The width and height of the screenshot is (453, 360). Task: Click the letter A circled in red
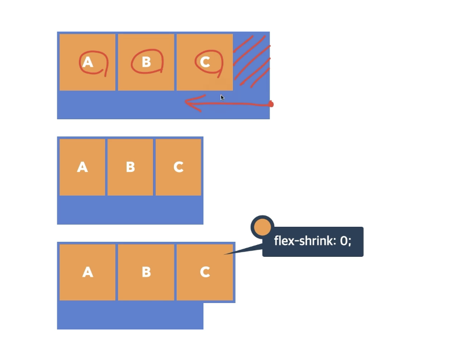(88, 62)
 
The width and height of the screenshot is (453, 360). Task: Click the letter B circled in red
(147, 62)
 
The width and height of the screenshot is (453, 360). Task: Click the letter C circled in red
(204, 62)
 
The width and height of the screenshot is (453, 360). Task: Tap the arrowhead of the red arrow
(188, 102)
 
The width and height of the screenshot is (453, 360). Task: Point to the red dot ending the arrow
(271, 104)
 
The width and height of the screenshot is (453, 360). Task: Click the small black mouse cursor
(222, 98)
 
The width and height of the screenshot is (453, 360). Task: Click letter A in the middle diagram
(83, 167)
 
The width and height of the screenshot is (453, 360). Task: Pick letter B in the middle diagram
(130, 167)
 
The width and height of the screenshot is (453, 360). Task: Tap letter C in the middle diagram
(178, 167)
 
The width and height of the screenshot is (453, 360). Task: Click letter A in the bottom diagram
(88, 272)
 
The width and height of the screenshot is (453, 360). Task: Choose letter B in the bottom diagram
(147, 272)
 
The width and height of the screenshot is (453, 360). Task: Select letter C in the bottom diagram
(204, 272)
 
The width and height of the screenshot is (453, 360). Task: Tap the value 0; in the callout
(346, 241)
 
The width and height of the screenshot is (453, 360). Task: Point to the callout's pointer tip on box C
(225, 254)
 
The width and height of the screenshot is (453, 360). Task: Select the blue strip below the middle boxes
(130, 210)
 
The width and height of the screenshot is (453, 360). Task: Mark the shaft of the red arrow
(236, 103)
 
